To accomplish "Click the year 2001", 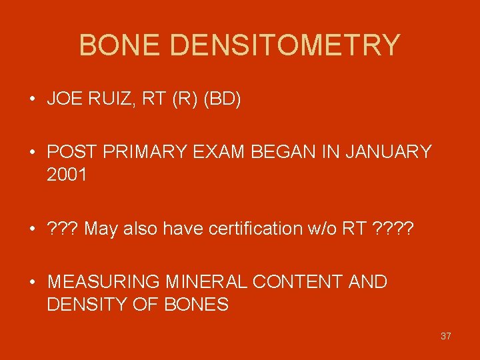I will click(68, 175).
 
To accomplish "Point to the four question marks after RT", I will click(393, 229).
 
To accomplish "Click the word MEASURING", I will click(103, 282).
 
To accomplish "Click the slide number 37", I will click(445, 336).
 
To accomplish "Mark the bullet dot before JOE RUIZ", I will click(32, 101).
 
